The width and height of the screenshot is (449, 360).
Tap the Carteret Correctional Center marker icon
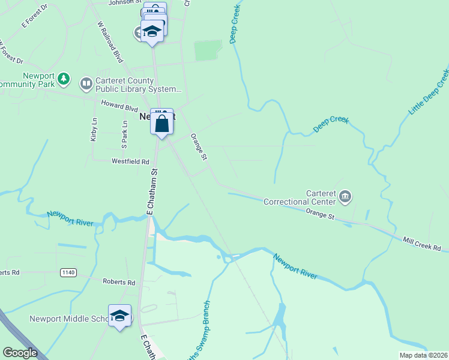coord(345,196)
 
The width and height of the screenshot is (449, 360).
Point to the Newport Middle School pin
coord(119,317)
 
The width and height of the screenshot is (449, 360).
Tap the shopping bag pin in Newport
coord(162,124)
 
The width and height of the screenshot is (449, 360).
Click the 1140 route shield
coord(68,272)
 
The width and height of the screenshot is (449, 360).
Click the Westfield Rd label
coord(130,161)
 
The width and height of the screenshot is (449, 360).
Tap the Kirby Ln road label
coord(94,130)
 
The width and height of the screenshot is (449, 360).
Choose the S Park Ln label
coord(125,134)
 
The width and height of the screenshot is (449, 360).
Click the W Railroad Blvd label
coord(110,43)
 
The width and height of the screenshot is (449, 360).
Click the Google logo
coord(19,353)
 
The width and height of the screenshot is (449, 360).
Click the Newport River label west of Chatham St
coord(71,218)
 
